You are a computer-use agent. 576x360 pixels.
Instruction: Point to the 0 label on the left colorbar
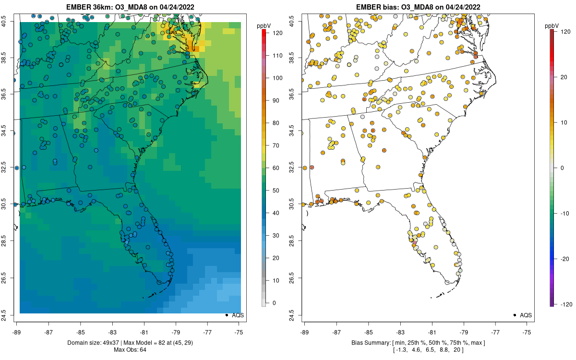(x=275, y=303)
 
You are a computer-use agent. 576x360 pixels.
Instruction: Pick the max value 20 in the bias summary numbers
(x=458, y=349)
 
